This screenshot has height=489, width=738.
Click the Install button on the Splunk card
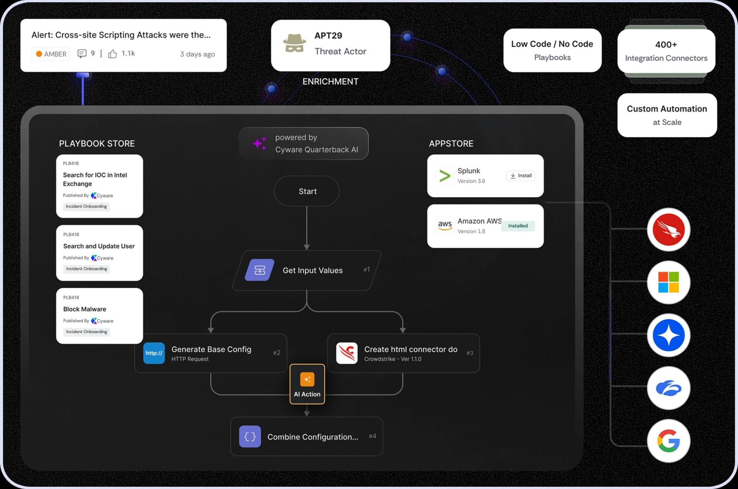pos(520,176)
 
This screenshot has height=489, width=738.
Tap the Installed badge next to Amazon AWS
pos(518,226)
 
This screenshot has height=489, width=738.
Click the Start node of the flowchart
pos(307,191)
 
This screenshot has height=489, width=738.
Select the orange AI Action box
pos(307,384)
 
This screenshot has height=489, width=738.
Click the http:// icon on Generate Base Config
pos(154,353)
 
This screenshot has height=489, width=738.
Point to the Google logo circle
pos(668,441)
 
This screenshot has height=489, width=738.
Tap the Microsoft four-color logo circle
pos(668,282)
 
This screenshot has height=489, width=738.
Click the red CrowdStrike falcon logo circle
pos(668,230)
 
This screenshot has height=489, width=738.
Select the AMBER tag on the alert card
pos(51,54)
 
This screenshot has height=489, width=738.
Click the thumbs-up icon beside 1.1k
pos(112,54)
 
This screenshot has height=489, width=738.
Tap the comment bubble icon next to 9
pos(82,53)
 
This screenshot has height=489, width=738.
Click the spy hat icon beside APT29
pos(294,43)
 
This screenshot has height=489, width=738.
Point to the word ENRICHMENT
pos(330,81)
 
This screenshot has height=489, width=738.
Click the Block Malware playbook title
pos(85,309)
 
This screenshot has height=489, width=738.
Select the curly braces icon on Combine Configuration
pos(250,436)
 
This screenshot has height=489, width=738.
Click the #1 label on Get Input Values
pos(366,269)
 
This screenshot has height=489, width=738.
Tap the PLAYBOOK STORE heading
pos(97,143)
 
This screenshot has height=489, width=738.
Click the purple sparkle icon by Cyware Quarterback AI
pos(260,143)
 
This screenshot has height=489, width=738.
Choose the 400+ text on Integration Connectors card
pos(666,45)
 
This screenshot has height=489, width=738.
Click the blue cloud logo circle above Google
pos(668,388)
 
